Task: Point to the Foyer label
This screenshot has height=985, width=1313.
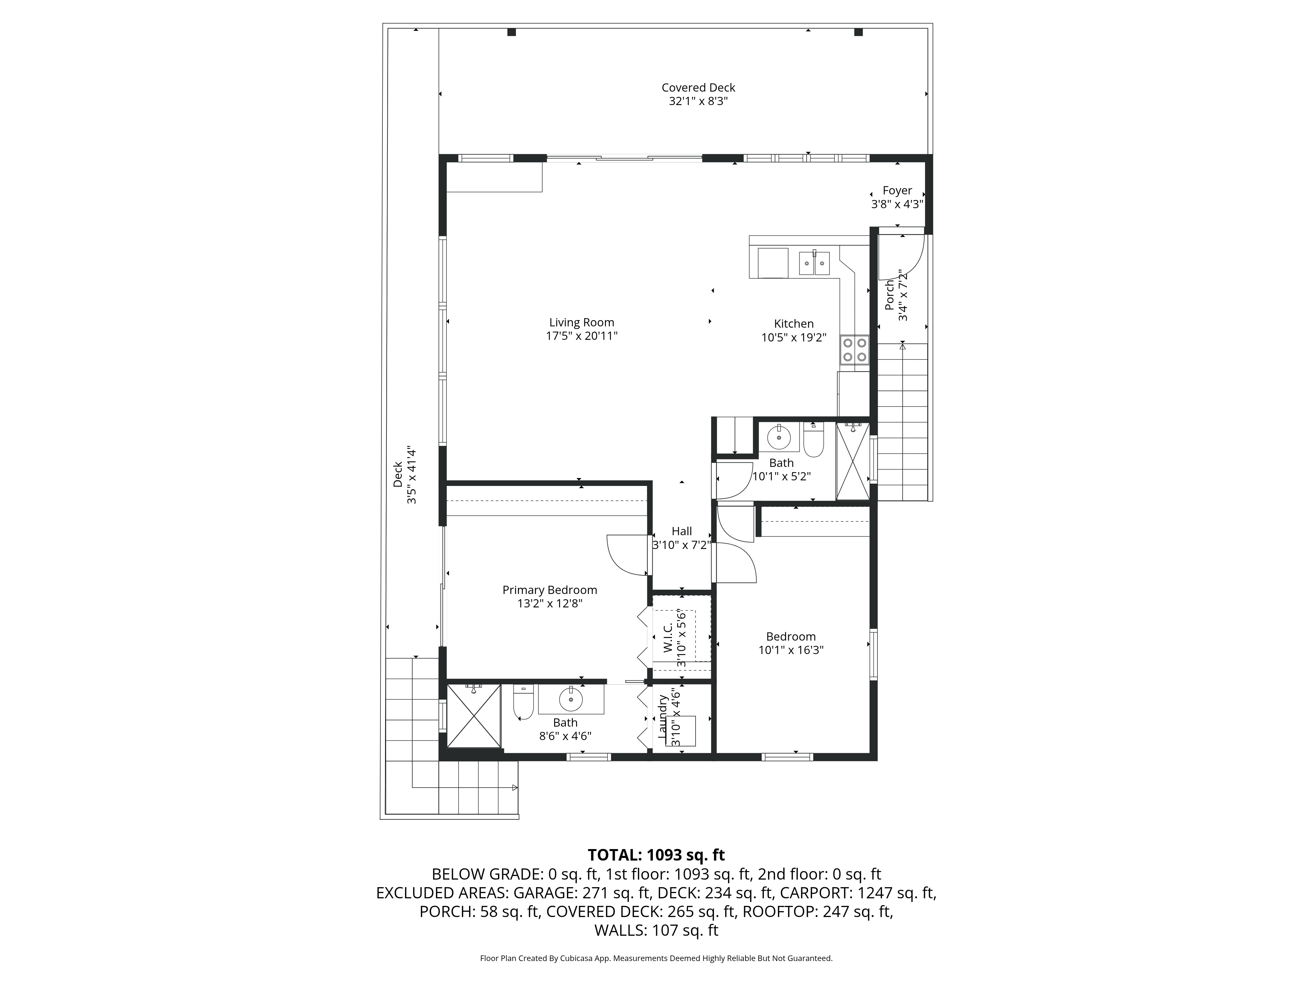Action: pyautogui.click(x=897, y=190)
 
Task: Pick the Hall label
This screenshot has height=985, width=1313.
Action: pyautogui.click(x=681, y=531)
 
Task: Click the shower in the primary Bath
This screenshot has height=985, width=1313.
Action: pyautogui.click(x=473, y=715)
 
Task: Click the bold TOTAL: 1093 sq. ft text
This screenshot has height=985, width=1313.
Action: pyautogui.click(x=656, y=855)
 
